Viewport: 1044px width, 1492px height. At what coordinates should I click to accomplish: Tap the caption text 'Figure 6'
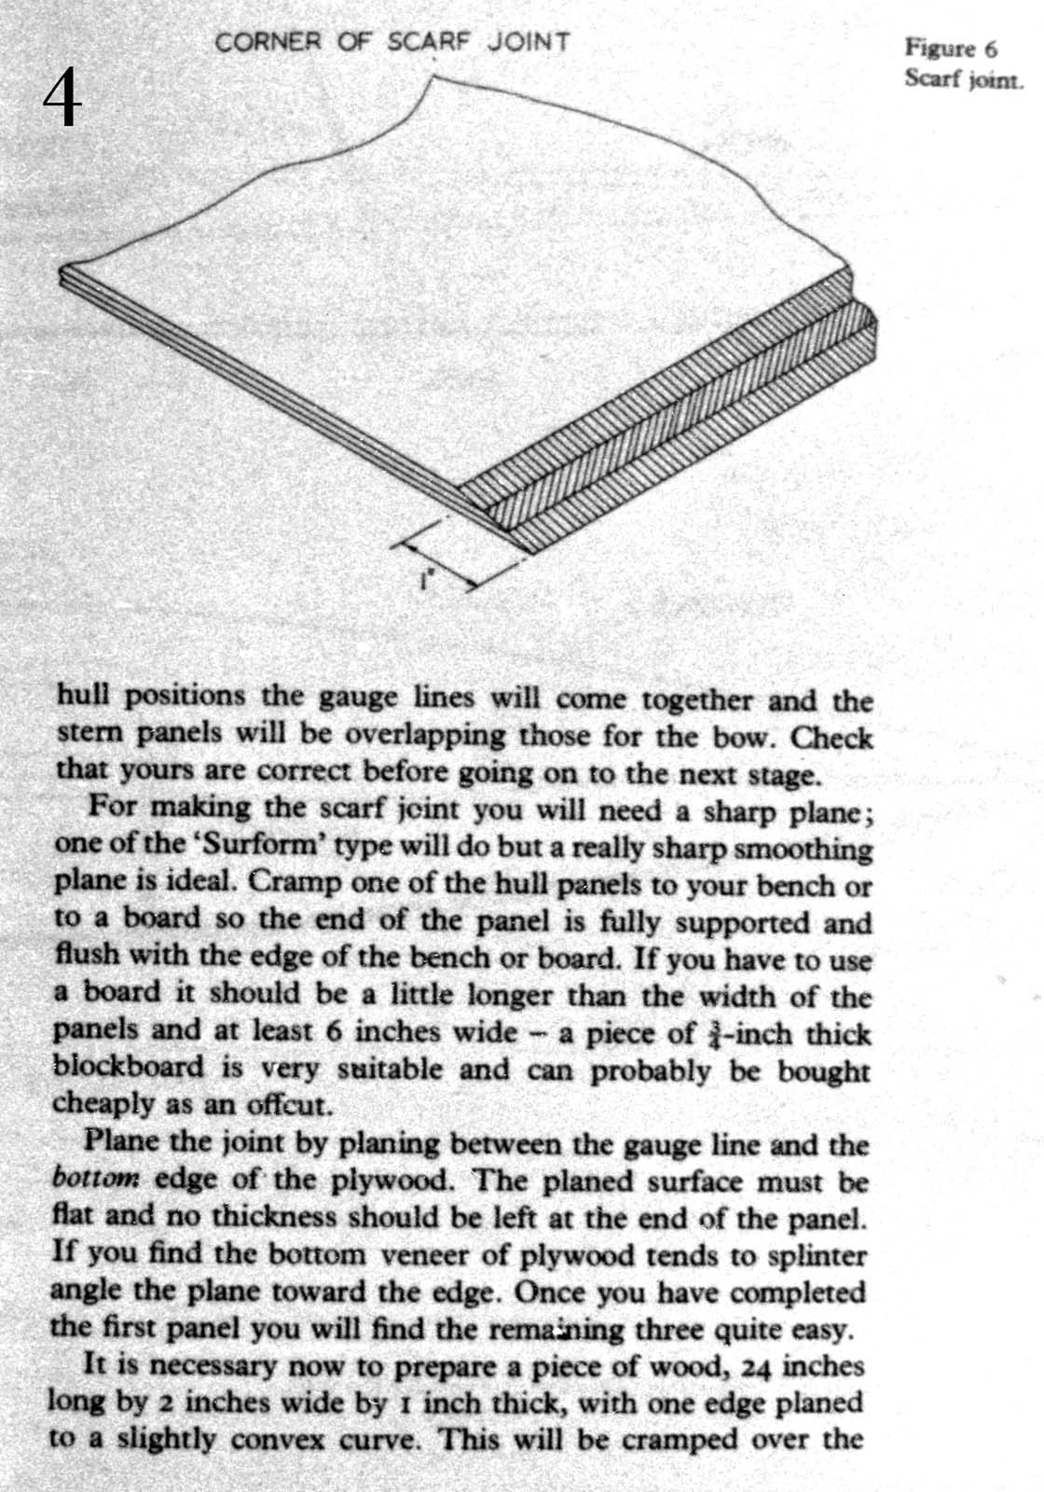coord(951,48)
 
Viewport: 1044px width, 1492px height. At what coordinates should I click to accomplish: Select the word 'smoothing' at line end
coord(814,849)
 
